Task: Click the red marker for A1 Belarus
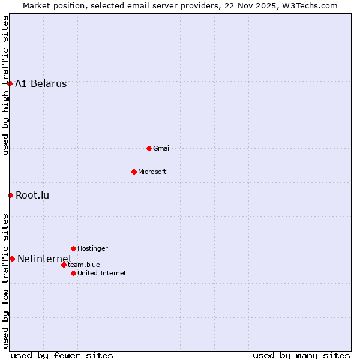tap(10, 83)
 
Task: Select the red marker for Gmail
tap(149, 148)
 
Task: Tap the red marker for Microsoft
tap(134, 172)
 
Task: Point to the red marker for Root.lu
tap(10, 195)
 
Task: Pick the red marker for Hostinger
tap(73, 248)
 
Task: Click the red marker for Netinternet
tap(12, 259)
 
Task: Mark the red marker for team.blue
tap(64, 265)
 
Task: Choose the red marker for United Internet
tap(73, 273)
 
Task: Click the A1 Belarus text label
tap(41, 84)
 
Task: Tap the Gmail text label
tap(162, 148)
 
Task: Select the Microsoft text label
tap(152, 172)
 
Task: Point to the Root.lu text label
tap(32, 195)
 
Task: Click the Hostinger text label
tap(93, 248)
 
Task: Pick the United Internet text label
tap(102, 273)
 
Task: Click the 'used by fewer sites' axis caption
tap(62, 355)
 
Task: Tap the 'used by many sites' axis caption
tap(301, 355)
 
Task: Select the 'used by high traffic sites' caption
tap(5, 85)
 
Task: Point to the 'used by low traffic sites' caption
tap(5, 281)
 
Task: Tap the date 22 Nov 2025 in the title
tap(250, 5)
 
